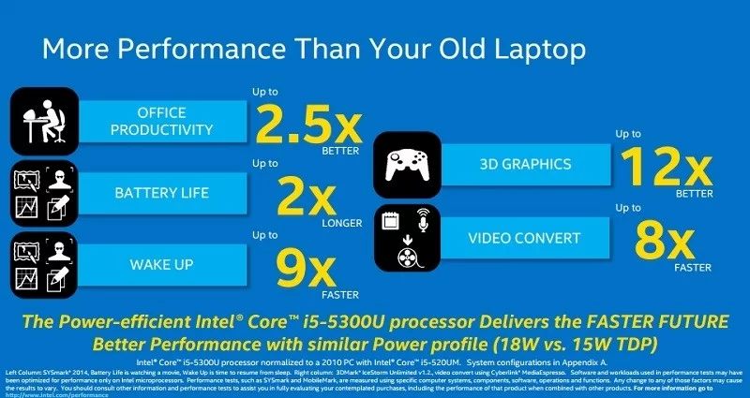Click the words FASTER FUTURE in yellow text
point(655,321)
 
